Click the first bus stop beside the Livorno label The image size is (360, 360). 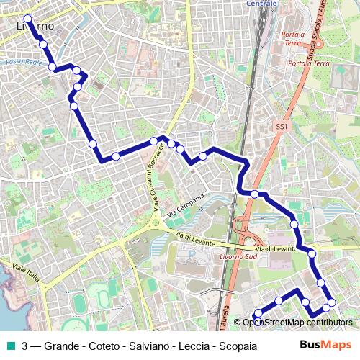[28, 19]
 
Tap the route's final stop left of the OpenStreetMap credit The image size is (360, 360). [256, 314]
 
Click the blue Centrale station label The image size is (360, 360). [261, 4]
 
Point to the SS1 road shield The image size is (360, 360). [282, 127]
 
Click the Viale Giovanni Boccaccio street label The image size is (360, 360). [159, 176]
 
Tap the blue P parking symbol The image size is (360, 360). [190, 253]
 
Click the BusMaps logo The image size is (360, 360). [325, 345]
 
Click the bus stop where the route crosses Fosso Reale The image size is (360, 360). [53, 67]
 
